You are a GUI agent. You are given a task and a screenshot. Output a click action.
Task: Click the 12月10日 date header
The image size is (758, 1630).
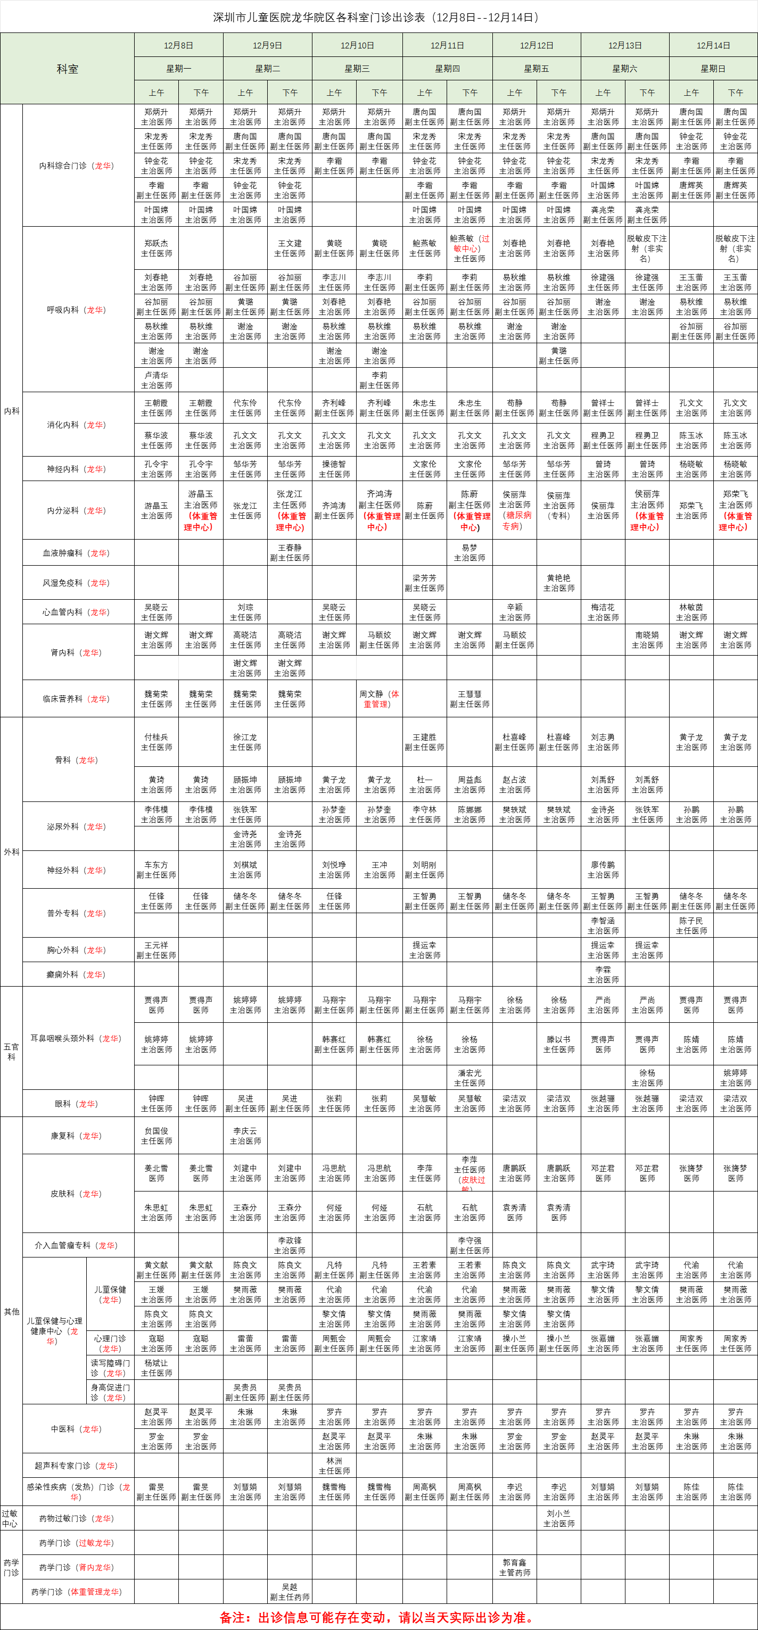point(357,46)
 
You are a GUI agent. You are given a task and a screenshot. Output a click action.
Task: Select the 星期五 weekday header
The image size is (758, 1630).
point(536,68)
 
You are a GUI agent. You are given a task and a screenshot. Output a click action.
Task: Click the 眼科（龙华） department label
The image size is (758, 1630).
point(76,1104)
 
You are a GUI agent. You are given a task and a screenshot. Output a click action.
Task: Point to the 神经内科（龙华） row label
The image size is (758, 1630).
point(76,469)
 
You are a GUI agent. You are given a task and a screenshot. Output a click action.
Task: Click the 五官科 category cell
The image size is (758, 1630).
point(11,1052)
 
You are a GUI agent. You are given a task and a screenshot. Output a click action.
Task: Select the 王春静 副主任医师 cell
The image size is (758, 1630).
point(290,552)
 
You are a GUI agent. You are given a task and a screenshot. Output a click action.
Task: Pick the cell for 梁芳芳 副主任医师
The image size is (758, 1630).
point(425,583)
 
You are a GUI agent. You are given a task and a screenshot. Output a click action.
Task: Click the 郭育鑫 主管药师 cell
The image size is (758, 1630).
point(514,1567)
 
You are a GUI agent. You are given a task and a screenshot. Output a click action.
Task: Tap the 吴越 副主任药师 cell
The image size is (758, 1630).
point(290,1592)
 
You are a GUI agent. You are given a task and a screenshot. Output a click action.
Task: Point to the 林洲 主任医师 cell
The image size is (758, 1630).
point(334,1466)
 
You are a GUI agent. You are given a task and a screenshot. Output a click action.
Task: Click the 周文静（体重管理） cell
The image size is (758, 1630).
point(380,699)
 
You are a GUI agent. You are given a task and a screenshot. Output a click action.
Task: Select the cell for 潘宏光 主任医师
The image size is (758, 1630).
point(469,1078)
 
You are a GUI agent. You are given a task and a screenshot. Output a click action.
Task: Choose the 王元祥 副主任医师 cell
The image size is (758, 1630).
point(156,950)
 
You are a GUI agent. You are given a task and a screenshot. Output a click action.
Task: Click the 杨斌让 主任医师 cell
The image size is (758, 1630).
point(156,1368)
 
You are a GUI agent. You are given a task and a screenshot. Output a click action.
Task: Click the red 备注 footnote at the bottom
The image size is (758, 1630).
point(378,1617)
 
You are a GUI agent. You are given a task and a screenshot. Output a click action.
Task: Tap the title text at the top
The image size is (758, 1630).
point(378,17)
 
